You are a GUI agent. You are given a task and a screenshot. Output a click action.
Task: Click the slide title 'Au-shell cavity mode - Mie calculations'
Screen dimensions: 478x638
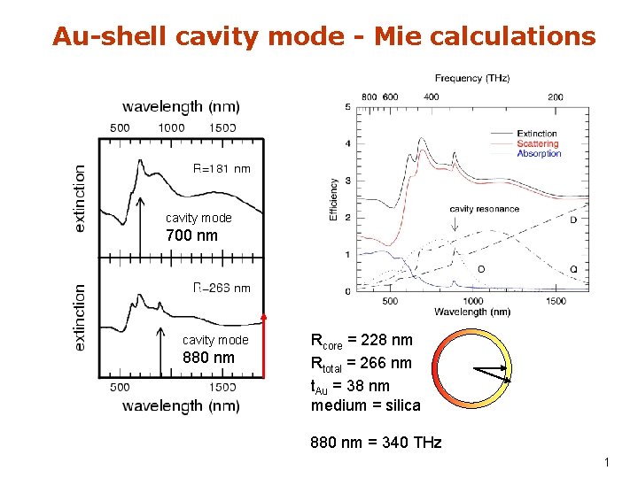pyautogui.click(x=323, y=36)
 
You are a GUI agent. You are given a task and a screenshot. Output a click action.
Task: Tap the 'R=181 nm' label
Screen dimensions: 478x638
pyautogui.click(x=222, y=169)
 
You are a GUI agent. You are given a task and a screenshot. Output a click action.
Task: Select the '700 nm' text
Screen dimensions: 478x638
pyautogui.click(x=191, y=235)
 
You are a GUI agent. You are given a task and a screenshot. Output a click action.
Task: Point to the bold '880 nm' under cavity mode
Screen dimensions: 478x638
pyautogui.click(x=208, y=358)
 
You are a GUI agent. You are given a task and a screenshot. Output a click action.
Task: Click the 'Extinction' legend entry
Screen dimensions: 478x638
pyautogui.click(x=538, y=134)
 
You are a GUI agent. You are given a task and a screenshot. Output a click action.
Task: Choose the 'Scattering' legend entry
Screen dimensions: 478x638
pyautogui.click(x=538, y=143)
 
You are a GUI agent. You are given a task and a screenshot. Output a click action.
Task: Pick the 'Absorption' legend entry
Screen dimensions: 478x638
pyautogui.click(x=538, y=153)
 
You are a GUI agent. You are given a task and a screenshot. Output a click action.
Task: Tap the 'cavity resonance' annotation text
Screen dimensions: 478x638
pyautogui.click(x=484, y=209)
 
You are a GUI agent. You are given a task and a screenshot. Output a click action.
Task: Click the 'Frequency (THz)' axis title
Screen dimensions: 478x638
pyautogui.click(x=471, y=79)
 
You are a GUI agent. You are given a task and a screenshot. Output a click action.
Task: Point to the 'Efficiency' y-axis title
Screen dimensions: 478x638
pyautogui.click(x=334, y=199)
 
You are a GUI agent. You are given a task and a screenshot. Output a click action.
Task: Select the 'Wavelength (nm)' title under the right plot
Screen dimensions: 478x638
pyautogui.click(x=471, y=312)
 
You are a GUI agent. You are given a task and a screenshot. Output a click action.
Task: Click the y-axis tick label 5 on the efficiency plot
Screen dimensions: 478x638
pyautogui.click(x=347, y=108)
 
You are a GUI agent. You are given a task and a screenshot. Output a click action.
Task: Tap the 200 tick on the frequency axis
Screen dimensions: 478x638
pyautogui.click(x=556, y=96)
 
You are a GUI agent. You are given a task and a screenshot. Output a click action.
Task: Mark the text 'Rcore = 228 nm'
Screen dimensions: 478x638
pyautogui.click(x=362, y=341)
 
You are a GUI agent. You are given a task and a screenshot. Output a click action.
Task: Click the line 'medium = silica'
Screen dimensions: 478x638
pyautogui.click(x=365, y=405)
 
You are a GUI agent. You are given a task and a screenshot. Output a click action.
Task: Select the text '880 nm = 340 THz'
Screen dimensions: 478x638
pyautogui.click(x=376, y=442)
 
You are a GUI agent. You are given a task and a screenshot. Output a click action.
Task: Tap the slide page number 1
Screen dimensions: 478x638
pyautogui.click(x=606, y=462)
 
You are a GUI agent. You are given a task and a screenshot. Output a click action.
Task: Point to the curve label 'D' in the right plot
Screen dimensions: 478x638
pyautogui.click(x=573, y=219)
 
